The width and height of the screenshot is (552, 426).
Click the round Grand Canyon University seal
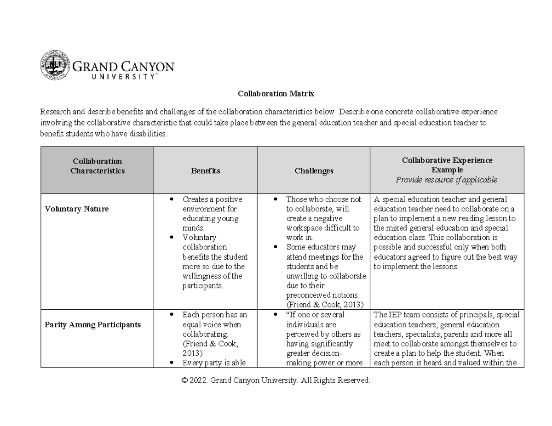54,66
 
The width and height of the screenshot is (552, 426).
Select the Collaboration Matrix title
276,94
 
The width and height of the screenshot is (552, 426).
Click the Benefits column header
206,171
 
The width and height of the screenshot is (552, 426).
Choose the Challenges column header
314,171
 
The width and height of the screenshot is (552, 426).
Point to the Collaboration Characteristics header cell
97,166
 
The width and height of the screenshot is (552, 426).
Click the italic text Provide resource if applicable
447,180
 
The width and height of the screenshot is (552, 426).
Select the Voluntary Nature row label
76,209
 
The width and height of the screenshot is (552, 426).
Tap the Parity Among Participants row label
92,325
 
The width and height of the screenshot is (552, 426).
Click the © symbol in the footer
185,381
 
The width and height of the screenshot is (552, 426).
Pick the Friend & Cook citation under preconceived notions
325,305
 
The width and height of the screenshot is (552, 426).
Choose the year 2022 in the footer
200,381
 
